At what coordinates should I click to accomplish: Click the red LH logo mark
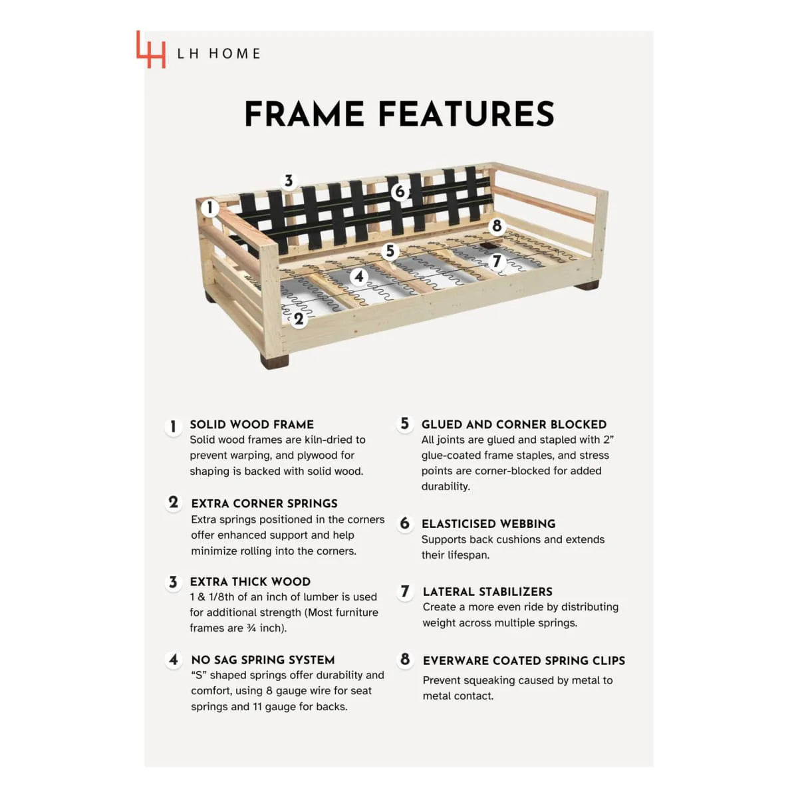(x=151, y=49)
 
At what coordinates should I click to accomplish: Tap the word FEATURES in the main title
(x=467, y=114)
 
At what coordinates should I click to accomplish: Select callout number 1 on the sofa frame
(x=210, y=207)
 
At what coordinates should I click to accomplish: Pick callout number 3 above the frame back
(x=289, y=181)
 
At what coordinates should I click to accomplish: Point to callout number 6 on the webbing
(x=400, y=192)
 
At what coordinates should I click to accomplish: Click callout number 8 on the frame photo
(x=497, y=225)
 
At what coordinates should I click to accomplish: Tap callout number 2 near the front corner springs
(x=299, y=319)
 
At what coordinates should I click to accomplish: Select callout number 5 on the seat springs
(x=390, y=251)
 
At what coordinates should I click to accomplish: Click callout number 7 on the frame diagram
(x=497, y=261)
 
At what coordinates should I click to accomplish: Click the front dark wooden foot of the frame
(x=275, y=360)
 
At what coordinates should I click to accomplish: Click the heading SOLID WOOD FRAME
(x=252, y=424)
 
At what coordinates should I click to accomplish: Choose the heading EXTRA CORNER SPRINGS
(x=264, y=503)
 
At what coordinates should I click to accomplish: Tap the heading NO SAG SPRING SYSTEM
(x=263, y=660)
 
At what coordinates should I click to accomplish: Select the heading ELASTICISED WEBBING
(x=488, y=524)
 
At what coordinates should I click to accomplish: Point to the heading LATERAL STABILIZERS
(x=487, y=592)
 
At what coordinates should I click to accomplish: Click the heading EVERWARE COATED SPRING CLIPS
(x=524, y=660)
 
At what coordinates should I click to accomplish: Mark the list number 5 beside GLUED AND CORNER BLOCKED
(x=404, y=424)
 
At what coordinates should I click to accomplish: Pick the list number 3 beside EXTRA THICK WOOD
(x=173, y=583)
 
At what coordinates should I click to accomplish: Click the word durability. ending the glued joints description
(x=446, y=487)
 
